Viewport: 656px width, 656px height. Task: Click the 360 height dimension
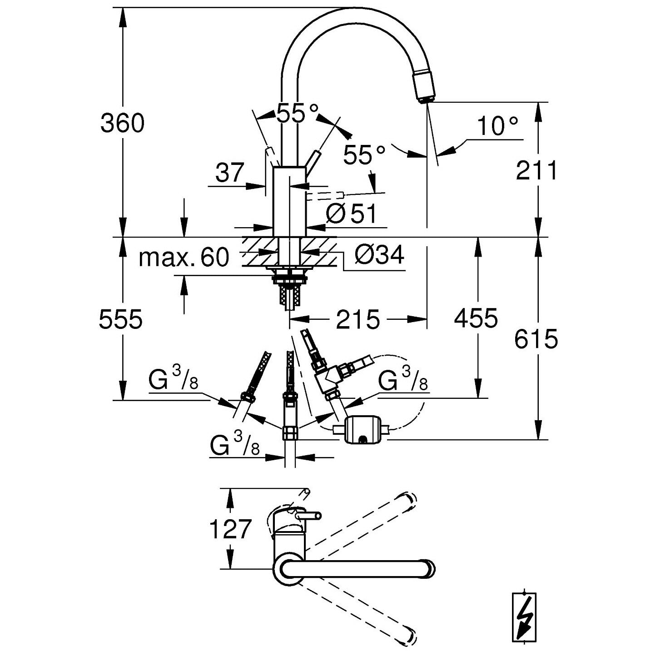(x=122, y=123)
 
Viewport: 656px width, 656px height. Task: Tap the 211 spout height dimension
(x=536, y=171)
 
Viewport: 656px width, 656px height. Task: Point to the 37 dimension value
(x=230, y=173)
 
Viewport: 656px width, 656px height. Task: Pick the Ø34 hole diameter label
(x=379, y=255)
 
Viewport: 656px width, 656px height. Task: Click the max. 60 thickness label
(x=184, y=258)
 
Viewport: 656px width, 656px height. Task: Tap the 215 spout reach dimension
(x=358, y=319)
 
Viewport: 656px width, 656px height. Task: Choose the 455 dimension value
(x=476, y=318)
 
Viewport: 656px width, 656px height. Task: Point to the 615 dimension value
(x=536, y=339)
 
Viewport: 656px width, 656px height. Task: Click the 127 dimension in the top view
(x=230, y=529)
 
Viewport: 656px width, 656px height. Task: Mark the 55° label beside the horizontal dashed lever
(x=364, y=155)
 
